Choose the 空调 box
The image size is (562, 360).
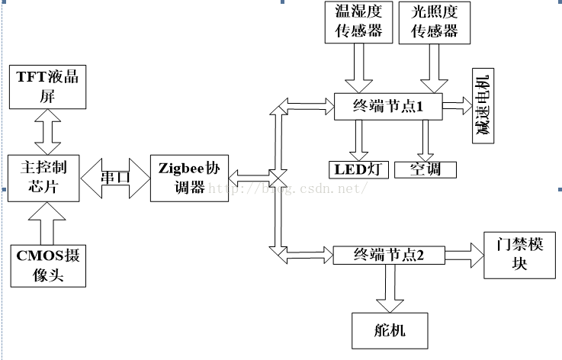click(426, 169)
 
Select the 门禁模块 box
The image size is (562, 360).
click(519, 256)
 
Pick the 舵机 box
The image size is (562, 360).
click(390, 329)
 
